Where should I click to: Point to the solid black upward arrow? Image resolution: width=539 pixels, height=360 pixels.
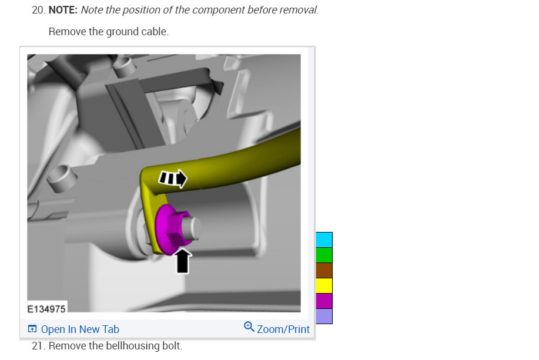pyautogui.click(x=183, y=261)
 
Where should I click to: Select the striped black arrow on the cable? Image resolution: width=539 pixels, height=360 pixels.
pyautogui.click(x=173, y=179)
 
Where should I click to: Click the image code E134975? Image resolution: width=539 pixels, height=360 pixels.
pyautogui.click(x=46, y=309)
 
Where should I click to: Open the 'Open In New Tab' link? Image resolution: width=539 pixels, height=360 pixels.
pyautogui.click(x=80, y=329)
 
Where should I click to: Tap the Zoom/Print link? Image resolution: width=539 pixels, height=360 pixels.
pyautogui.click(x=283, y=329)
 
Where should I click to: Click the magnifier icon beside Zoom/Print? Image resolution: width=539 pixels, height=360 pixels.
pyautogui.click(x=249, y=327)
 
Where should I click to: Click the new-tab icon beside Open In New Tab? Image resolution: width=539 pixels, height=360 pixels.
pyautogui.click(x=32, y=329)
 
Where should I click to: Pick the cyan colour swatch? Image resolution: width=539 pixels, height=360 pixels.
pyautogui.click(x=324, y=240)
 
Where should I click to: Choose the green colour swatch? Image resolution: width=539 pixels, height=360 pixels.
pyautogui.click(x=324, y=255)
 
